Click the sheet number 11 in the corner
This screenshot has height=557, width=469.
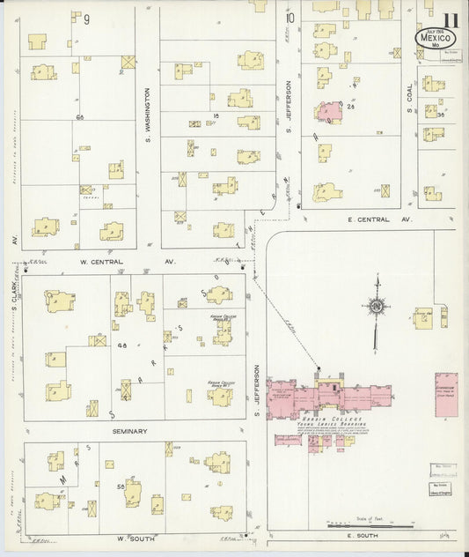(x=450, y=20)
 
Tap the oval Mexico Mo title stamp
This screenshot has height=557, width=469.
(x=433, y=41)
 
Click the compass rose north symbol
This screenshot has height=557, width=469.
(x=377, y=308)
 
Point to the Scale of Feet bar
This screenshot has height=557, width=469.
(x=378, y=526)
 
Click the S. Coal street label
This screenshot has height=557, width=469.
(x=409, y=110)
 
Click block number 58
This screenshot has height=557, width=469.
(x=118, y=486)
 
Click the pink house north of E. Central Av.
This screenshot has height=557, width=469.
(x=329, y=112)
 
